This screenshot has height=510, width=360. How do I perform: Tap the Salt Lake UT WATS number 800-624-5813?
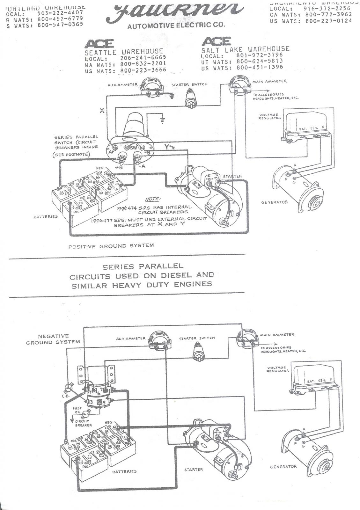[260, 62]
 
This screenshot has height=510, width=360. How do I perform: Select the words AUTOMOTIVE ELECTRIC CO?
[176, 25]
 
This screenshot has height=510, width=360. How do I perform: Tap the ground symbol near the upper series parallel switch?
[163, 120]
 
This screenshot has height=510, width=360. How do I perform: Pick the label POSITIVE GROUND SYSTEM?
[111, 246]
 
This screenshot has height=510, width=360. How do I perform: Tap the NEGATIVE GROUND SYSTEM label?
[53, 339]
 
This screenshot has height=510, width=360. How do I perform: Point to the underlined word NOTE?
[152, 199]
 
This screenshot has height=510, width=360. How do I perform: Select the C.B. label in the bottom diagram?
[64, 396]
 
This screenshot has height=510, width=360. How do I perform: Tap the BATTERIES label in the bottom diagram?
[124, 471]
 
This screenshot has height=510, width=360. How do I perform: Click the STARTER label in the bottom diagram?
[194, 470]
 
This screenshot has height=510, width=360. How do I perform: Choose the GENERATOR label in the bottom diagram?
[283, 466]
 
